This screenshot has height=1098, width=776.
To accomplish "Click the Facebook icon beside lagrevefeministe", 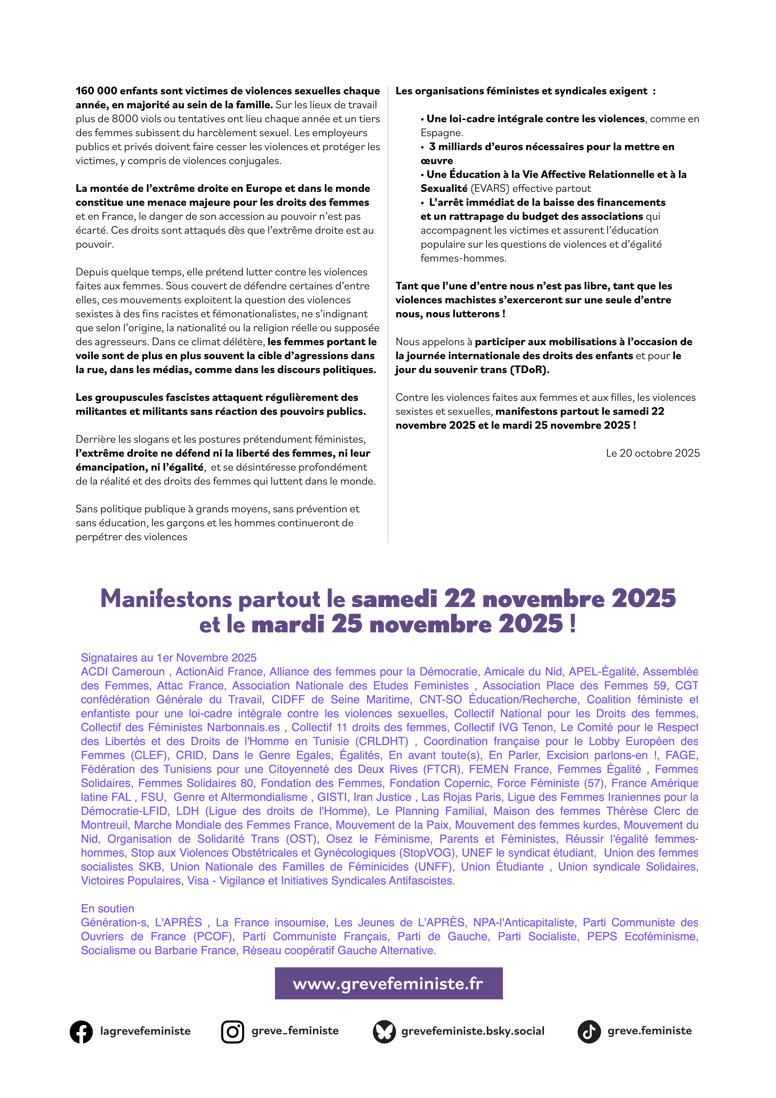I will [x=81, y=1031].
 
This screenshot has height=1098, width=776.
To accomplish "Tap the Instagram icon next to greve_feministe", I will [x=232, y=1031].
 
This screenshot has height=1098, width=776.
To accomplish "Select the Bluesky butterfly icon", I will [x=384, y=1031].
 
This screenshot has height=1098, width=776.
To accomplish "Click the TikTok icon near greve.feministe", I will [x=589, y=1031].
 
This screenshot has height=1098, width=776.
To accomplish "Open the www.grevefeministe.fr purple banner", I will [x=388, y=983].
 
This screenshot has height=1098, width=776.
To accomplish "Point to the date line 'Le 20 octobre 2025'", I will [x=653, y=453].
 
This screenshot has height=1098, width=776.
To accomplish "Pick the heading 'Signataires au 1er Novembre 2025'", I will [x=168, y=658].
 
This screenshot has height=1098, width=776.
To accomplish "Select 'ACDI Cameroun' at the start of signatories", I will [x=122, y=672].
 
